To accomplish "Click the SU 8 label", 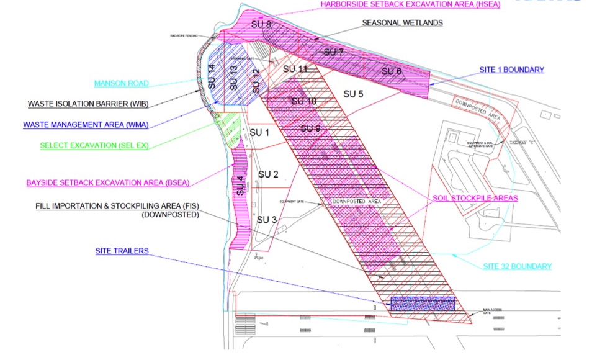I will (261, 24).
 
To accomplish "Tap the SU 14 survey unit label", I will (211, 76).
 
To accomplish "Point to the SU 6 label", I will (392, 71).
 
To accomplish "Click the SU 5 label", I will (352, 94).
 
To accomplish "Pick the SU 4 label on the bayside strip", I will (241, 187).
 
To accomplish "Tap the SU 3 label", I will (266, 220).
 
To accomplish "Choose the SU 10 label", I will (303, 101).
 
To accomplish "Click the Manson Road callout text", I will (122, 83).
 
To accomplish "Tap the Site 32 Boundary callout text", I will (518, 266).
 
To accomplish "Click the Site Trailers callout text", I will (123, 251).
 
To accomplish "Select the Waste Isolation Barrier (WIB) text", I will (87, 104).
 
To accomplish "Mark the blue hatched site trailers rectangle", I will (423, 304).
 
